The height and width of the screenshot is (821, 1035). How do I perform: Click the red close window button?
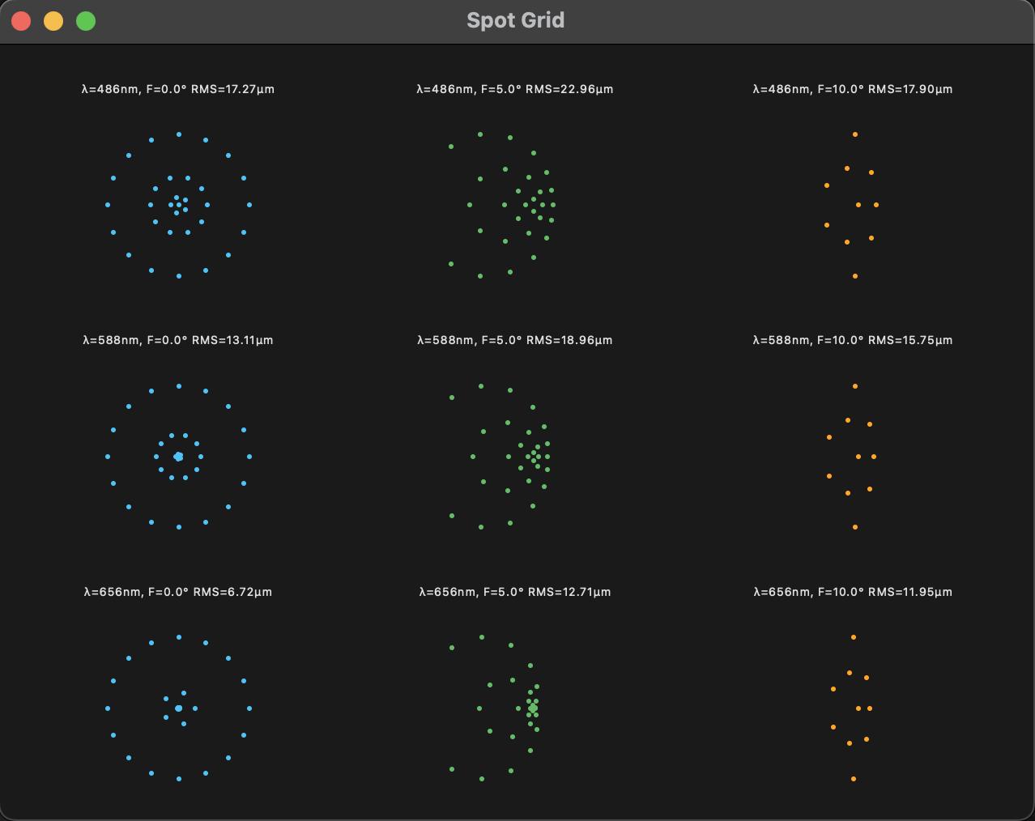tap(21, 21)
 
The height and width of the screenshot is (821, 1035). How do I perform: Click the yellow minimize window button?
tap(53, 21)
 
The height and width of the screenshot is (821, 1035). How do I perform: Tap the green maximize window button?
tap(86, 21)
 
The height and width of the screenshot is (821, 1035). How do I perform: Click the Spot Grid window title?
tap(516, 20)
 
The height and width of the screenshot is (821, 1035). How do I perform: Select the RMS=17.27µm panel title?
tap(178, 89)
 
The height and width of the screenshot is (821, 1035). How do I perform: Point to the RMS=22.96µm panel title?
tap(515, 89)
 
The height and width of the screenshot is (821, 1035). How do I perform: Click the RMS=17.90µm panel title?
tap(853, 89)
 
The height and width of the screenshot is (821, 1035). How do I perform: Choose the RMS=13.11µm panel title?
tap(178, 340)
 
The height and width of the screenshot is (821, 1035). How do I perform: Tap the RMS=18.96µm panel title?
tap(515, 340)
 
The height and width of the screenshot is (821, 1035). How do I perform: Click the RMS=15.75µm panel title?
tap(853, 340)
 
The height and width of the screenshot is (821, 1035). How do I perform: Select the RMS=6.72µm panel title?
tap(178, 592)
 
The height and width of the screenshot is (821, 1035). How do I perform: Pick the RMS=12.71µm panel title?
tap(515, 592)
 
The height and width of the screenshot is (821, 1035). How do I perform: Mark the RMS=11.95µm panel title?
tap(853, 592)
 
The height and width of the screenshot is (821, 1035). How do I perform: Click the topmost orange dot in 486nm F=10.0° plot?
tap(855, 134)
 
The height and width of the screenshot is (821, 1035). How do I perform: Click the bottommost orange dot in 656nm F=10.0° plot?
tap(854, 779)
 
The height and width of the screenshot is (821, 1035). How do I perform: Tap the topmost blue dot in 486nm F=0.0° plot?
tap(179, 134)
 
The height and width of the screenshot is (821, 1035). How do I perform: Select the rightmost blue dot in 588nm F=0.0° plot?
tap(249, 457)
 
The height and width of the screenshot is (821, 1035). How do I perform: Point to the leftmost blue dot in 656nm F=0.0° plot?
tap(108, 708)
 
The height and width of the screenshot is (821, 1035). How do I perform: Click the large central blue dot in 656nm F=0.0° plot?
tap(178, 708)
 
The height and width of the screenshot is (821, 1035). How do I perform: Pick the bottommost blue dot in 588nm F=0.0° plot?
tap(179, 527)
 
